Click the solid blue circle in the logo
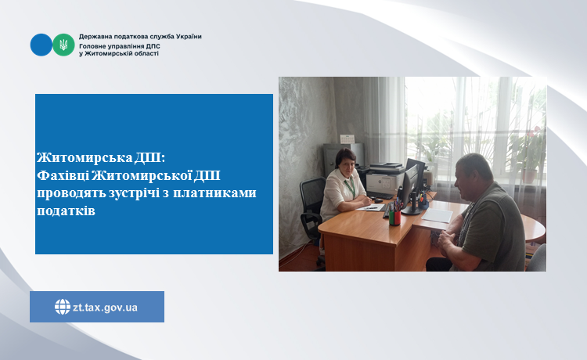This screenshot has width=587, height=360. tap(41, 45)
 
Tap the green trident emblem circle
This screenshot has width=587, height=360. tap(63, 45)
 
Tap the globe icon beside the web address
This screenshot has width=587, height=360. tap(63, 307)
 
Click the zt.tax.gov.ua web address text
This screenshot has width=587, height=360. tap(105, 308)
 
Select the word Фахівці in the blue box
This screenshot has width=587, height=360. tap(63, 175)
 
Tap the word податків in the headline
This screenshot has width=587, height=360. tap(66, 211)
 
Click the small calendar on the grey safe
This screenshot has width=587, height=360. tap(347, 139)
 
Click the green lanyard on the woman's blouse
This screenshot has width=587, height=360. tap(351, 188)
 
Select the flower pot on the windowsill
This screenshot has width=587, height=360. tap(529, 176)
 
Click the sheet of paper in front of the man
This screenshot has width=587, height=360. tap(437, 215)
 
